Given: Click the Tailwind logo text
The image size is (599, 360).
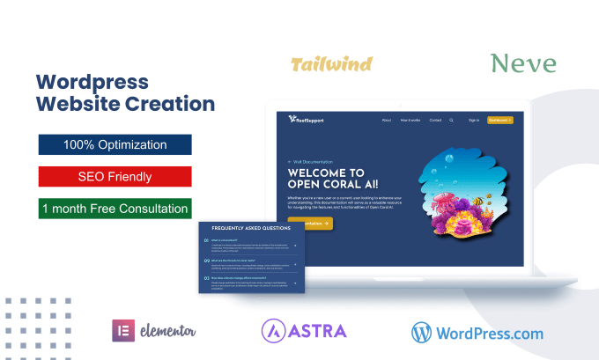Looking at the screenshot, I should coord(330,64).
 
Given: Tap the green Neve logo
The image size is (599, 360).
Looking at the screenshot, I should coord(523,63).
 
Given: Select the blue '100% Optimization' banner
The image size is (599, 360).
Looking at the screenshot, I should coord(115,144).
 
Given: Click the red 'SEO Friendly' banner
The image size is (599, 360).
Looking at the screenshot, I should coord(115,177).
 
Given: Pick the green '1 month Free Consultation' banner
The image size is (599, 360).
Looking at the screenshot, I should coord(115,209).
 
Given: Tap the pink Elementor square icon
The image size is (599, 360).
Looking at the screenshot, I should coord(122,330).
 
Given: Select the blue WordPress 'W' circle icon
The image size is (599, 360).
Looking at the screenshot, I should coord(424,331).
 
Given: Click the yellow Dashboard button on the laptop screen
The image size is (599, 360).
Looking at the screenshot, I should coord(499,120).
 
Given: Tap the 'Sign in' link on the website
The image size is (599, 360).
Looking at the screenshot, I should coord(474,120).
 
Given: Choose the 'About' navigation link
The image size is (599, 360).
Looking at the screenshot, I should coord(387,120).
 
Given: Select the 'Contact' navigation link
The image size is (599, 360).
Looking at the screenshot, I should coord(435,120).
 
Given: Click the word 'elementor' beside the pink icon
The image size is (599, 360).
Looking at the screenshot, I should coord(168,331).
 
